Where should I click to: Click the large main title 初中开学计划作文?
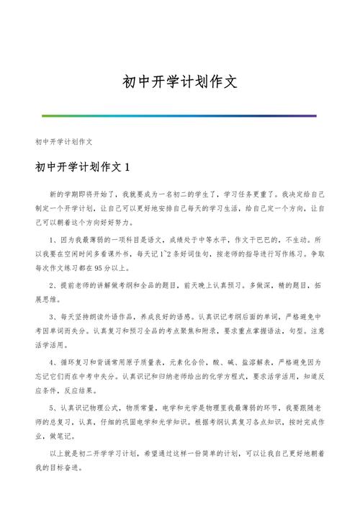point(179,82)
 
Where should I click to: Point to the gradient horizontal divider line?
point(179,115)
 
